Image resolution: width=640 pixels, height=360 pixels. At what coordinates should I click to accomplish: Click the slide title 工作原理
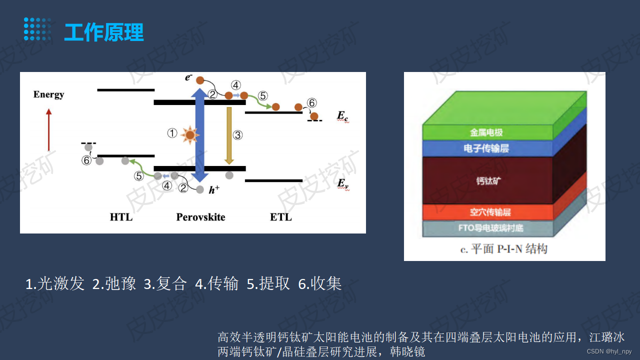coord(103,32)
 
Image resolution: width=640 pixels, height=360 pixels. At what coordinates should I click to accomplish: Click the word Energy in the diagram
coord(48,94)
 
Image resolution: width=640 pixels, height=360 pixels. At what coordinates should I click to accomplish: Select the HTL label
coord(121,217)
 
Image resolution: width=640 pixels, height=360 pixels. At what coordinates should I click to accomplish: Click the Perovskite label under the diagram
coord(200,217)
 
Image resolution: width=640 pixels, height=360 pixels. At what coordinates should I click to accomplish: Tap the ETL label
coord(280,217)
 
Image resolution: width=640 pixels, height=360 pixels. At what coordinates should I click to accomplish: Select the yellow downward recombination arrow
coord(229,135)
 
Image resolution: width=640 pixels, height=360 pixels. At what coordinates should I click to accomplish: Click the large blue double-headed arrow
coord(200,135)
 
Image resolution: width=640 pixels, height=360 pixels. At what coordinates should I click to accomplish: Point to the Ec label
coord(342,116)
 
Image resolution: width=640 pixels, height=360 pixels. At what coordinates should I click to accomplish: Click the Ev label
coord(342,184)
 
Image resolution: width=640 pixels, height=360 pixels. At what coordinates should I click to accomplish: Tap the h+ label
coord(214,189)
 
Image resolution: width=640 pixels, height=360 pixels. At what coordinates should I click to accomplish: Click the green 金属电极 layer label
coord(486,133)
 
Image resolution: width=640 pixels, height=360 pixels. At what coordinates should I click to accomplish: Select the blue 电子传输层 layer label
coord(486,148)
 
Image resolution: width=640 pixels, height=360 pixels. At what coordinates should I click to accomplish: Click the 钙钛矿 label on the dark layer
coord(488,180)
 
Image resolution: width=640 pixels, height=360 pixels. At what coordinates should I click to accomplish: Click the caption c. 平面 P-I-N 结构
coord(503,248)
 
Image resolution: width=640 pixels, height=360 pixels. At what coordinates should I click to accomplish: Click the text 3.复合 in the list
coord(165,284)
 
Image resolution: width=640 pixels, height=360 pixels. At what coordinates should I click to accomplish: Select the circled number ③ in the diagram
coord(238,135)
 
